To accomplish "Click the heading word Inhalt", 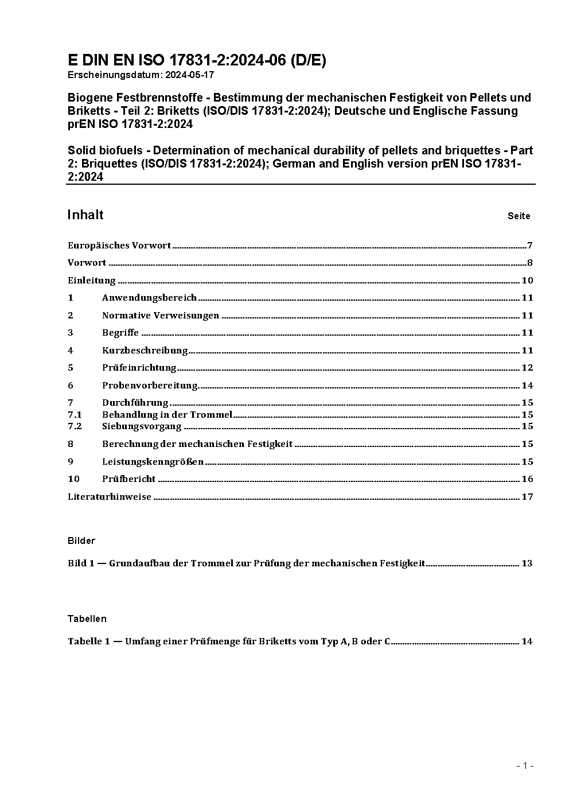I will [85, 215].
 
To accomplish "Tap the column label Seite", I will [519, 216].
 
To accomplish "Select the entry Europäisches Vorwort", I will [119, 246].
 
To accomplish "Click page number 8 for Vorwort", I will [530, 263].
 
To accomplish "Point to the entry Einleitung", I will [92, 281].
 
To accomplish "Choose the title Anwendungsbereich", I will [149, 298].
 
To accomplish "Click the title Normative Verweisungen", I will [161, 316].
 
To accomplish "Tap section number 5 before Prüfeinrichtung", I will [71, 368].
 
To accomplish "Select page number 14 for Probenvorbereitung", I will [527, 385].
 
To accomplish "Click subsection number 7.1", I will [75, 414].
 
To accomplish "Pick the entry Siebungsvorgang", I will [142, 426].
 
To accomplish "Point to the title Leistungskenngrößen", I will [153, 462].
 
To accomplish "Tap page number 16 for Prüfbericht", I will [527, 479].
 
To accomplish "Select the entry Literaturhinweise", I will [110, 497].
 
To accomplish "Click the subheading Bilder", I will [81, 540].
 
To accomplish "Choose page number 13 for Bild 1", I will [527, 563].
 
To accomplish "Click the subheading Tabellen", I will [87, 619].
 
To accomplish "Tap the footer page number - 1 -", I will [525, 765].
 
